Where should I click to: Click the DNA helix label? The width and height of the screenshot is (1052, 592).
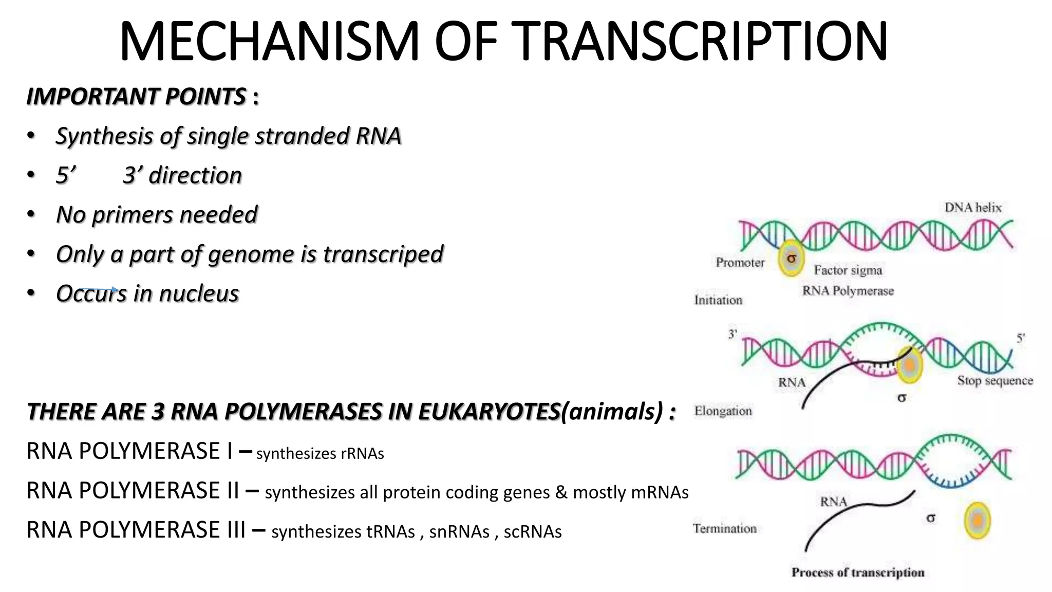(x=973, y=208)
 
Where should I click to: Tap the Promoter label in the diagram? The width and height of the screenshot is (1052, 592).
(x=740, y=263)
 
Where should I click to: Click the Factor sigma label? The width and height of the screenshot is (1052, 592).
(x=848, y=270)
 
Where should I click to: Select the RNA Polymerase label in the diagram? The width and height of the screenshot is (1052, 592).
(x=848, y=291)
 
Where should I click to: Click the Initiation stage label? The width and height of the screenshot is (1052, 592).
(x=718, y=300)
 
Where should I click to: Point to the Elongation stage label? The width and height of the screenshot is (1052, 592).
(x=723, y=411)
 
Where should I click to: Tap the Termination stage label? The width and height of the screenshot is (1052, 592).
(x=724, y=528)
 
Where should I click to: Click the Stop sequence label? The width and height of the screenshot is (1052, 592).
(x=994, y=381)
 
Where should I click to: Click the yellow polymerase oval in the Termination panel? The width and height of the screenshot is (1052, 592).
(x=977, y=521)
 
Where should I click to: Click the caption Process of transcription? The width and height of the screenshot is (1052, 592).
(x=857, y=572)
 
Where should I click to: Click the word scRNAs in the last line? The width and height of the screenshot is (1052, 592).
(x=532, y=532)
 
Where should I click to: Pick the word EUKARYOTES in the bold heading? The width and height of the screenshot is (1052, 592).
(x=489, y=412)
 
